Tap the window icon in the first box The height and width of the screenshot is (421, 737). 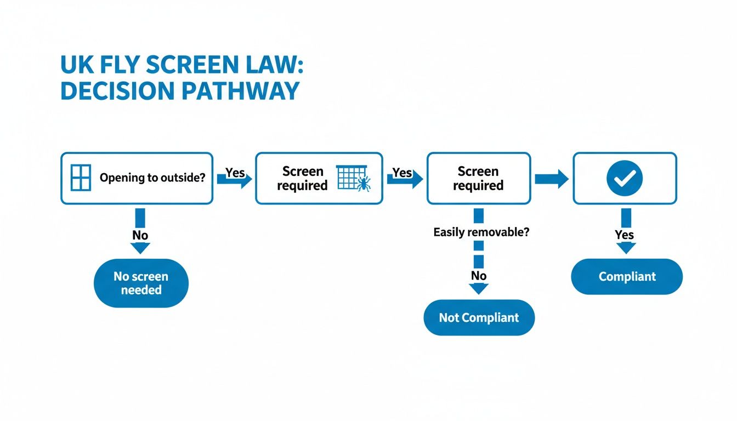tap(81, 178)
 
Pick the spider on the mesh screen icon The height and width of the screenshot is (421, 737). tap(362, 184)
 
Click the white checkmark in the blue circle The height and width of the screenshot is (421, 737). tap(625, 178)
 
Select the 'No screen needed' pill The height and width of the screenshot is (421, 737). tap(141, 283)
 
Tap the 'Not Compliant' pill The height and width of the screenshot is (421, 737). tap(479, 317)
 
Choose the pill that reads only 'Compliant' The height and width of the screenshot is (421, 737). tap(627, 276)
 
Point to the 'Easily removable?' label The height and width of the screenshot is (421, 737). tap(481, 232)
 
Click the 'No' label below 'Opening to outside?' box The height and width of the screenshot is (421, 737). tap(140, 235)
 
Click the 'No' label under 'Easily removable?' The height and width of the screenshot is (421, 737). tap(479, 275)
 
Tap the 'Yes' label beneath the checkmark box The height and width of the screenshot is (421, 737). tap(625, 235)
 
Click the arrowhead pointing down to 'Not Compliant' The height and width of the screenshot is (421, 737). tap(479, 288)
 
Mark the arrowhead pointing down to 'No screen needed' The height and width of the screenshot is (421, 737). tap(140, 248)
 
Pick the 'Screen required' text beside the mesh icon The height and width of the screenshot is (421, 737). tap(302, 179)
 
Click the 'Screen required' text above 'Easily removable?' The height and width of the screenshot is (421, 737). tap(478, 179)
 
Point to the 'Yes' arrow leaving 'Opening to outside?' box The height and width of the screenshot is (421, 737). tap(235, 178)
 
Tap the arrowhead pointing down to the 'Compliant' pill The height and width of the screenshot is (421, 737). tap(626, 248)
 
